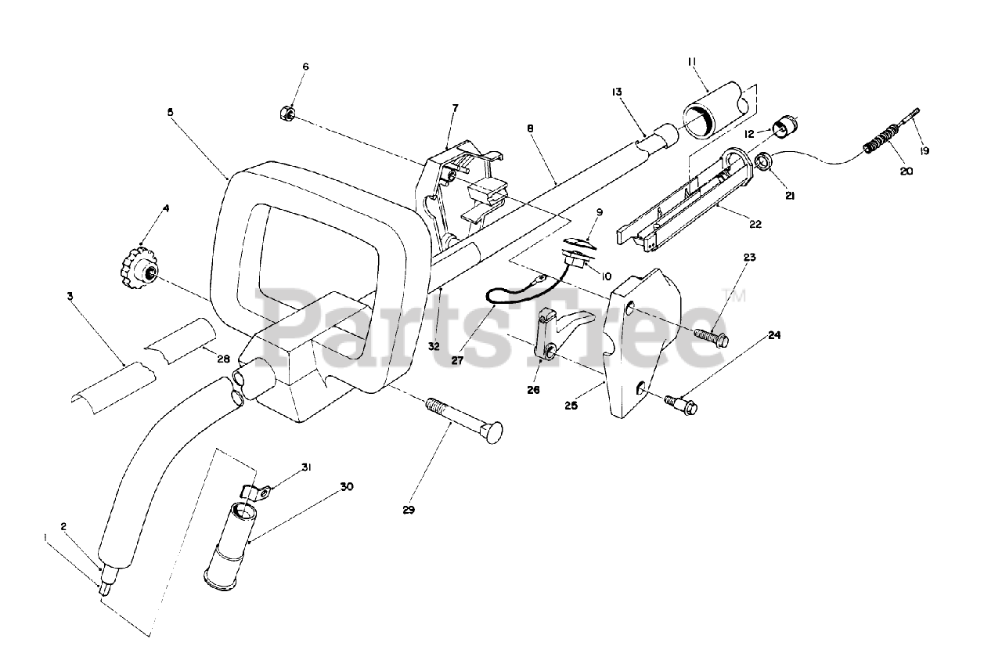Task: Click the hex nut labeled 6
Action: (287, 115)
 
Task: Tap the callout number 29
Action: (409, 510)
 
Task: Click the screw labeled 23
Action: (711, 336)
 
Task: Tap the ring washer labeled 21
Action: (764, 161)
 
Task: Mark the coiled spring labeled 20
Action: (882, 142)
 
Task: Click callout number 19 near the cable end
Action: (925, 151)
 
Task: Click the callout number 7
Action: (454, 107)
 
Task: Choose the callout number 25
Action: (571, 406)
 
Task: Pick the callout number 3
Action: (70, 296)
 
